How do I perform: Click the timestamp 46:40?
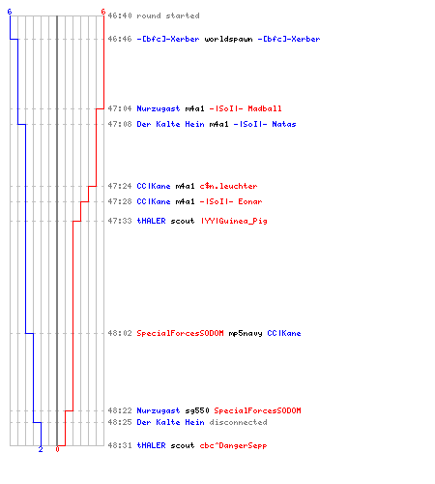coord(120,15)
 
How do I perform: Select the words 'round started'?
coord(168,15)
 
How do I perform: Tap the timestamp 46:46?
coord(120,39)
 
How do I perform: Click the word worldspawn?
coord(228,39)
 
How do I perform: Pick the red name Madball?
coord(265,108)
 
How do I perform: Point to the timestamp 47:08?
coord(120,124)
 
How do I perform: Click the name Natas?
coord(284,124)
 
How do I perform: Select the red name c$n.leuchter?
coord(228,186)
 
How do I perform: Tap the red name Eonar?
coord(250,201)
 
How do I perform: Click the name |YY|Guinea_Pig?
coord(234,221)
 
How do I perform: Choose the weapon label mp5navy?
coord(246,333)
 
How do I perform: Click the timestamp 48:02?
coord(120,333)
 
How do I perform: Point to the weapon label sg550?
coord(197,410)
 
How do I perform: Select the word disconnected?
coord(238,422)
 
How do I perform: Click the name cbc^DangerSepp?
coord(233,445)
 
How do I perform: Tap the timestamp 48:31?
coord(120,445)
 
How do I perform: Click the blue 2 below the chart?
coord(41,449)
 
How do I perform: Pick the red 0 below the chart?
coord(57,449)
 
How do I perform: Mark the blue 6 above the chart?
coord(10,12)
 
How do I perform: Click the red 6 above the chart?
coord(103,12)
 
